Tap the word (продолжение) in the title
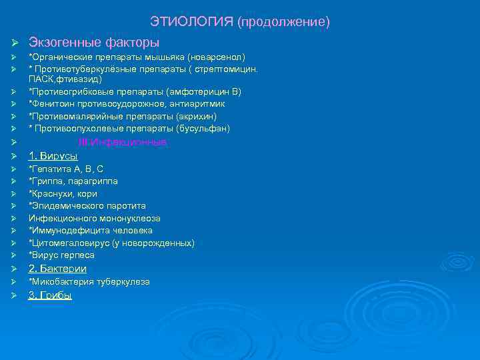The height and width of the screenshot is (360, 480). point(283,23)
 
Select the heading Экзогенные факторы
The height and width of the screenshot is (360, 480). point(93,43)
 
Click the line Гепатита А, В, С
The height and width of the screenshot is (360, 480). point(66,169)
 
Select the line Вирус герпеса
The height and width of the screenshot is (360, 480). point(61,255)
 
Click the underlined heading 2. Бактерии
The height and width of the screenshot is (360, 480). point(57,269)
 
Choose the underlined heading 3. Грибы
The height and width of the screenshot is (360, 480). point(50,295)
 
